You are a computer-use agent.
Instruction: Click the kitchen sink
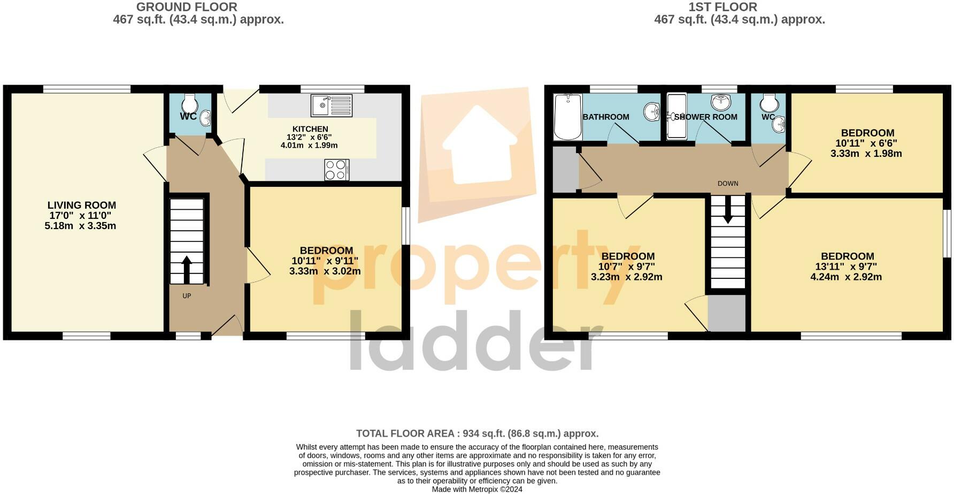pyautogui.click(x=332, y=105)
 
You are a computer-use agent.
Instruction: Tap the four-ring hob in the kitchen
pyautogui.click(x=337, y=170)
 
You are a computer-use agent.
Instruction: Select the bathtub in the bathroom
pyautogui.click(x=567, y=116)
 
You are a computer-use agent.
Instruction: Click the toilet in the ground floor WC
pyautogui.click(x=190, y=102)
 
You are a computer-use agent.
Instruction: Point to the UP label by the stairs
pyautogui.click(x=187, y=296)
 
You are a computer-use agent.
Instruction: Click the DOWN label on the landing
pyautogui.click(x=728, y=184)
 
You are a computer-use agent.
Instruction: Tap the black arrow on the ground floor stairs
pyautogui.click(x=187, y=269)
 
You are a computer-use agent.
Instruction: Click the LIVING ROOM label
pyautogui.click(x=82, y=205)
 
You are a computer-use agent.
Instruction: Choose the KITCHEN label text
pyautogui.click(x=310, y=129)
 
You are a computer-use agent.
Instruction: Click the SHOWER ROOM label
pyautogui.click(x=706, y=117)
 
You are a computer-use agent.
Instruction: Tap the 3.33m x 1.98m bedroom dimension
pyautogui.click(x=866, y=154)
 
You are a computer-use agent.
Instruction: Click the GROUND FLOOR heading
pyautogui.click(x=187, y=7)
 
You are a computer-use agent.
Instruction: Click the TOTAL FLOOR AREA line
pyautogui.click(x=477, y=434)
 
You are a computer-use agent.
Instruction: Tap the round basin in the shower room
pyautogui.click(x=720, y=102)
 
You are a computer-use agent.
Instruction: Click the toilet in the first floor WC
pyautogui.click(x=768, y=102)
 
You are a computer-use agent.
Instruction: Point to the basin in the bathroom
pyautogui.click(x=652, y=112)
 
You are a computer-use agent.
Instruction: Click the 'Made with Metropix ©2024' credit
pyautogui.click(x=477, y=489)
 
